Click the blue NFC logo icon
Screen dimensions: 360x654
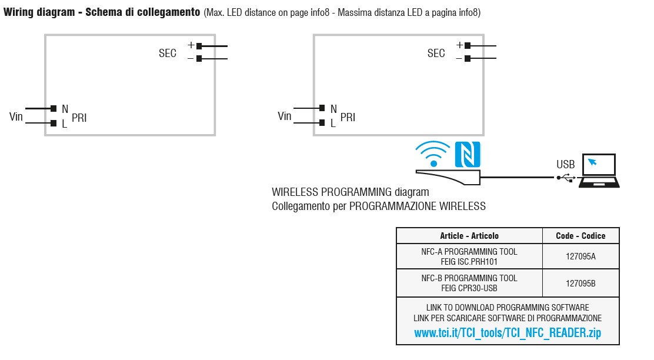[x=468, y=154]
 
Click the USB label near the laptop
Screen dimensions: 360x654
[x=566, y=165]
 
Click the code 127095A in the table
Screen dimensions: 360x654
[x=580, y=256]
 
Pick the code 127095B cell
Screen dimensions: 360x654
[x=580, y=283]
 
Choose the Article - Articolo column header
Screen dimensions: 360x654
[x=469, y=236]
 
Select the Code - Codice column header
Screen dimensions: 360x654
[x=580, y=236]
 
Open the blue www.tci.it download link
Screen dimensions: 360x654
[x=508, y=333]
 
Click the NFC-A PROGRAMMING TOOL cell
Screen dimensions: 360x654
[x=469, y=256]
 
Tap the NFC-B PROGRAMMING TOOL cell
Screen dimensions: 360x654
[x=469, y=283]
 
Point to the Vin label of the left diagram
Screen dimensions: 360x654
[x=16, y=116]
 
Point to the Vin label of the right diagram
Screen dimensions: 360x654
[x=285, y=116]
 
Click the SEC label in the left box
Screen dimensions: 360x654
[x=168, y=54]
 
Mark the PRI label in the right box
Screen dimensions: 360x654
[x=348, y=118]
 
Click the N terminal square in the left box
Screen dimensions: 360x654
[x=54, y=108]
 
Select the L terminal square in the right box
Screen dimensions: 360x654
[x=322, y=123]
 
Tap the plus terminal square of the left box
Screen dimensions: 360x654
[x=199, y=45]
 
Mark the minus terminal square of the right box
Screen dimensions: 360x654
[x=468, y=58]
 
